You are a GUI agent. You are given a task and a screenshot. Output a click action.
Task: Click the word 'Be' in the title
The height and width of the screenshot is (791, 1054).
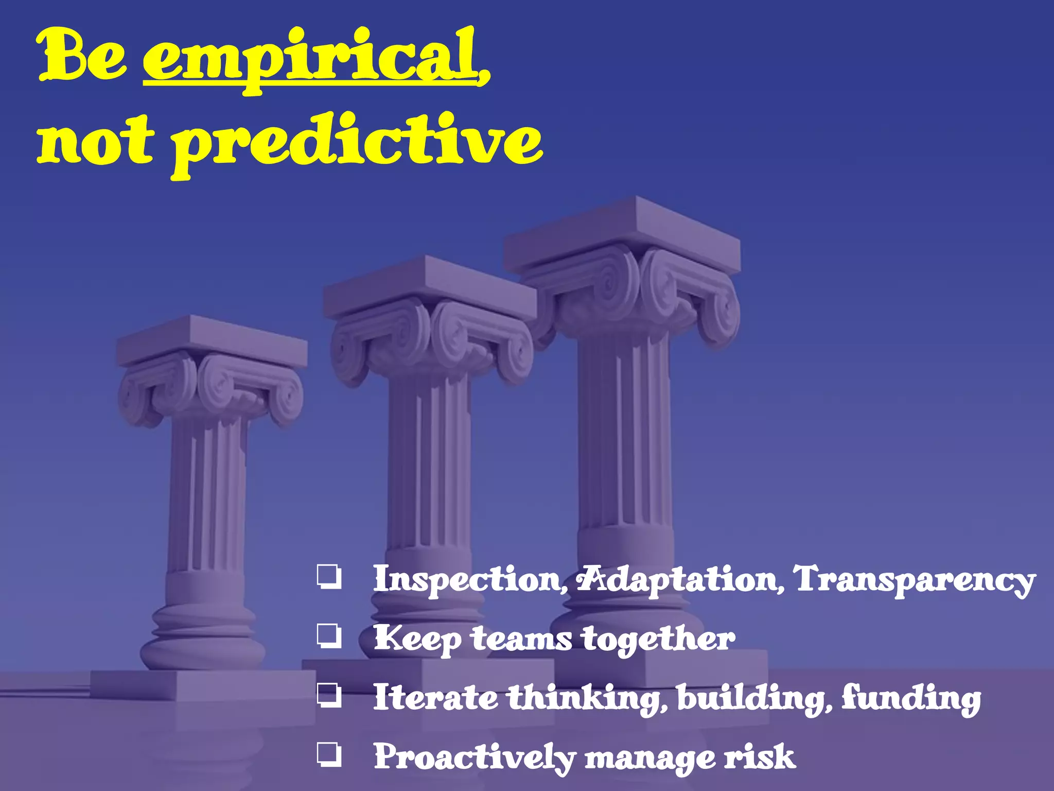click(x=82, y=57)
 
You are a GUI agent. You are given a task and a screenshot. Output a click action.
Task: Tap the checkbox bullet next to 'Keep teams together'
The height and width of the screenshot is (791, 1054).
click(x=329, y=637)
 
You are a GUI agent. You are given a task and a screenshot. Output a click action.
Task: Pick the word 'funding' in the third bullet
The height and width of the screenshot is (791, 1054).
click(x=911, y=698)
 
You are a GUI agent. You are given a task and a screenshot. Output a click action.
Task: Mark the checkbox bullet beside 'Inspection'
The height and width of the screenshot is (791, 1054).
click(x=329, y=577)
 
